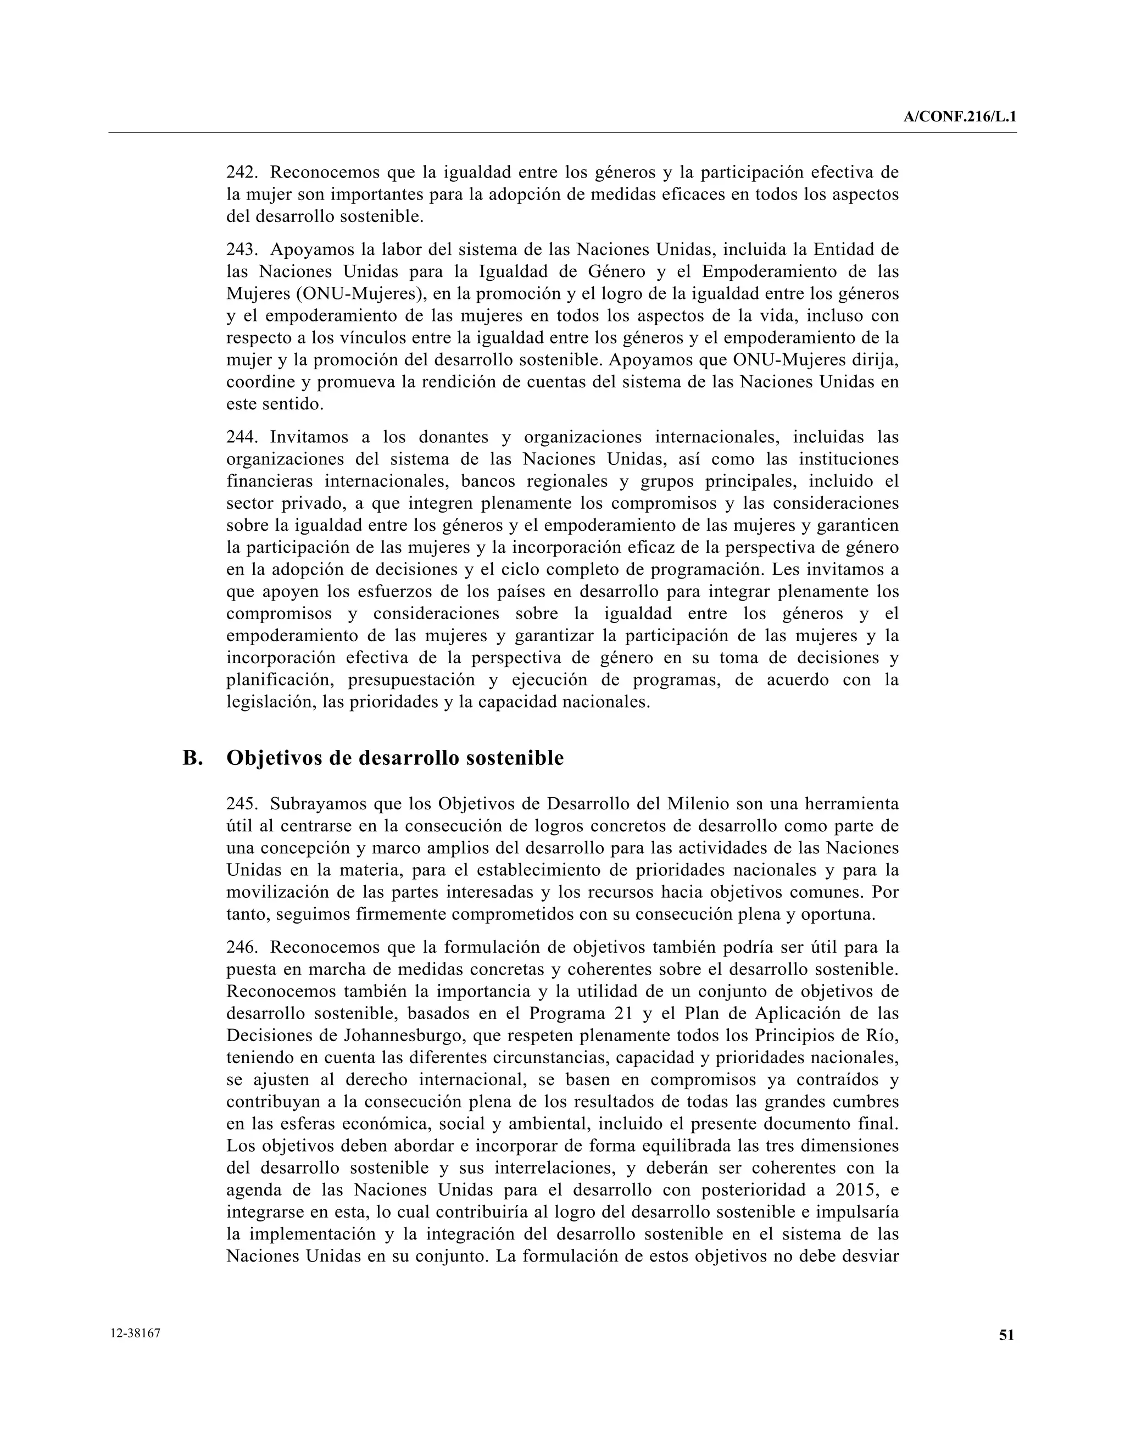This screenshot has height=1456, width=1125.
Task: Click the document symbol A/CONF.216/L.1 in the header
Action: point(960,118)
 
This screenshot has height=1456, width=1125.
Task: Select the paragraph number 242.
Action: point(242,173)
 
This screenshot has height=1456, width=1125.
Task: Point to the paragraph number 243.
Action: point(242,250)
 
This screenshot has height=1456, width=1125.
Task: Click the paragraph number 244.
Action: point(242,437)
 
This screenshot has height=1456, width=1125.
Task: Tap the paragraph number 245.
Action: point(242,804)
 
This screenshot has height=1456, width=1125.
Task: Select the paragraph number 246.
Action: point(242,947)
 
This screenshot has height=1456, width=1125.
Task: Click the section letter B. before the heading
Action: point(193,758)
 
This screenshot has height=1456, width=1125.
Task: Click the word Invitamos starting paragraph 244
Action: point(308,437)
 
